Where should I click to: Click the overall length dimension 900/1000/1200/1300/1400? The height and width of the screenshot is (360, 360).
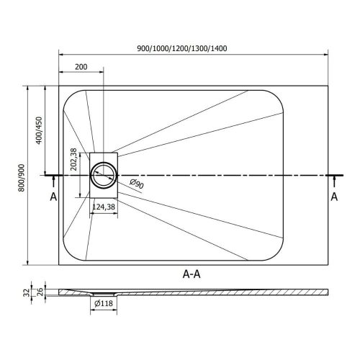(182, 48)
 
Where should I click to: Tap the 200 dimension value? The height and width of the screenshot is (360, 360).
(81, 67)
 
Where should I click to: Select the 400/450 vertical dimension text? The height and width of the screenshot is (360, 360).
(39, 130)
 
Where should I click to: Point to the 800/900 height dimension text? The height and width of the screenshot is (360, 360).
(22, 178)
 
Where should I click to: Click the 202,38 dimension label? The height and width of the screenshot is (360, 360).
(73, 159)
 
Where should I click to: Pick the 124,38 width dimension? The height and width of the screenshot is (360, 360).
(104, 207)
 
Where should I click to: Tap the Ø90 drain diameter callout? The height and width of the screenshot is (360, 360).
(137, 184)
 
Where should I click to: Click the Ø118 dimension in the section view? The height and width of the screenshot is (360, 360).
(104, 303)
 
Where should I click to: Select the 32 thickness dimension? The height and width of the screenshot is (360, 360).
(27, 292)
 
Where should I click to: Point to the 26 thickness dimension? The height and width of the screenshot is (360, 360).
(40, 292)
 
